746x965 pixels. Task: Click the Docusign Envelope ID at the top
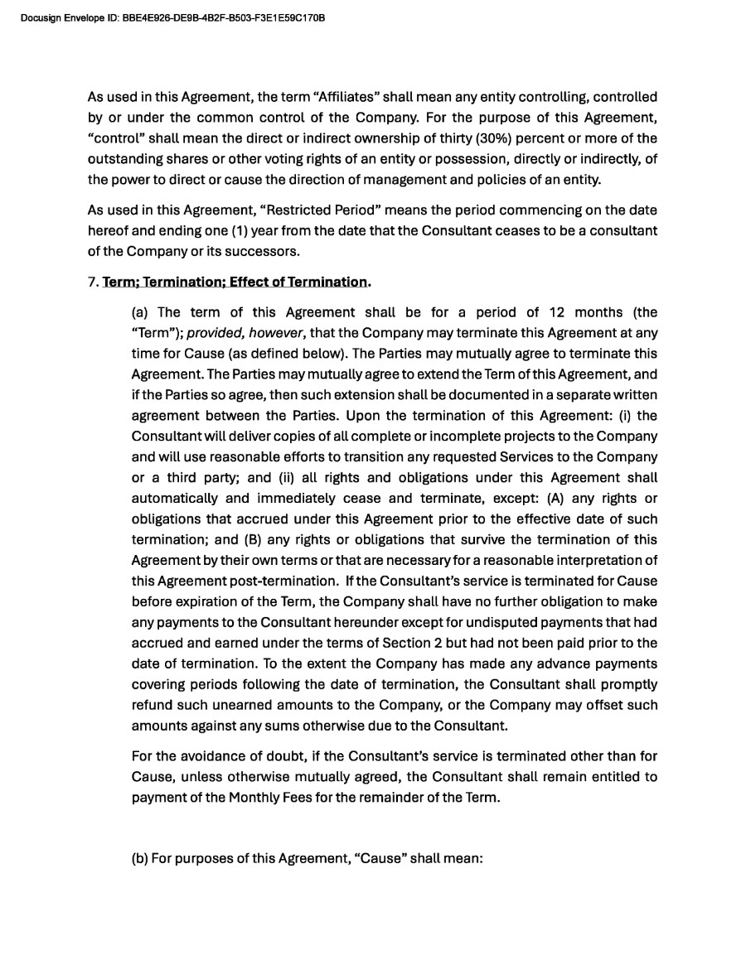pyautogui.click(x=172, y=17)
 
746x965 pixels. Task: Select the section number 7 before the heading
pyautogui.click(x=91, y=282)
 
